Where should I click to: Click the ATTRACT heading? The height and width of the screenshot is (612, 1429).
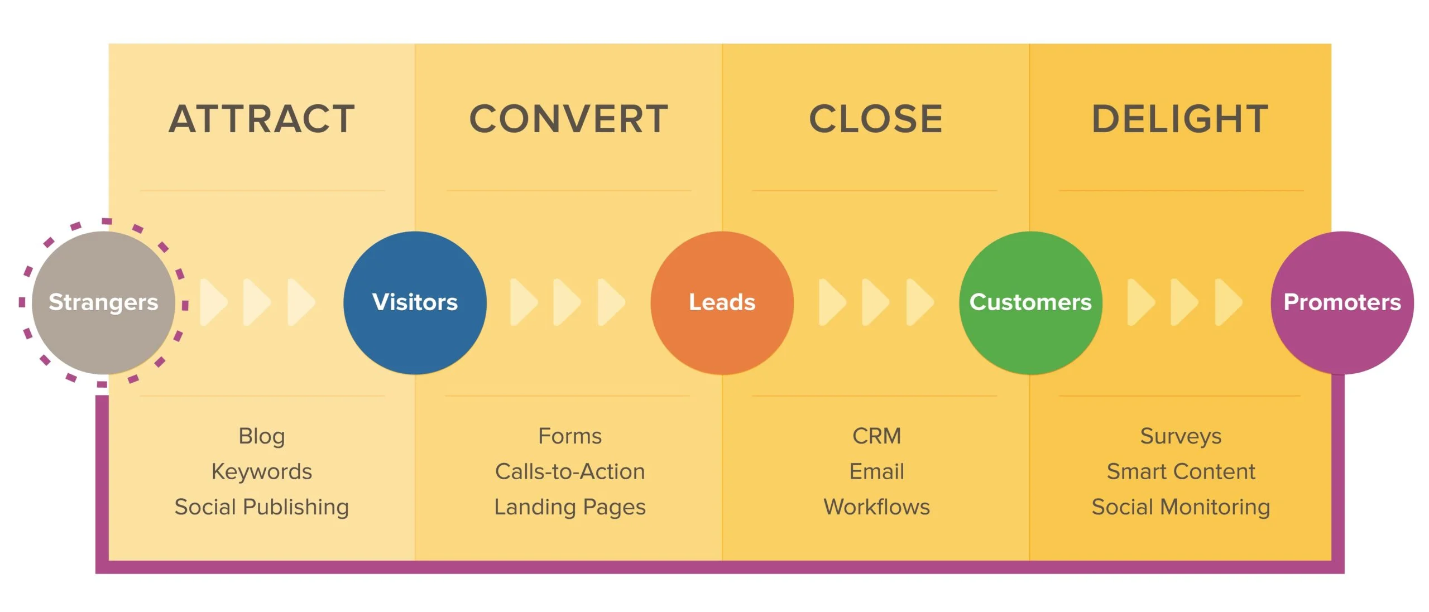click(x=262, y=119)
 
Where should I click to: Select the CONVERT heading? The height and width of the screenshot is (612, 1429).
click(x=569, y=119)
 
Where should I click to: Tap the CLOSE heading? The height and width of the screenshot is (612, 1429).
click(x=876, y=119)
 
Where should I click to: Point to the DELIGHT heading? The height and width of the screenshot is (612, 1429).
click(x=1181, y=119)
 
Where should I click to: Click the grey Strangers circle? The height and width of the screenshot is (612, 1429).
click(x=103, y=302)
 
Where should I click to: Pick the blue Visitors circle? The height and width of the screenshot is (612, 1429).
click(x=415, y=302)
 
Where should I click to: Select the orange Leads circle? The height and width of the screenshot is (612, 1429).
click(x=722, y=302)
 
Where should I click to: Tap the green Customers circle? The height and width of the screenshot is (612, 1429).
click(x=1030, y=302)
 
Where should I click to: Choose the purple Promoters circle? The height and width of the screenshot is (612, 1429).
click(x=1342, y=302)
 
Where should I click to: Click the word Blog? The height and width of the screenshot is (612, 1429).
click(x=262, y=436)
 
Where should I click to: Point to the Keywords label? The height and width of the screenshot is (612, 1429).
click(x=262, y=471)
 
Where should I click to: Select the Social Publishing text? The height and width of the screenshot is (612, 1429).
click(x=262, y=507)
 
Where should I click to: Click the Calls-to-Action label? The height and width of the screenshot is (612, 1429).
click(x=570, y=471)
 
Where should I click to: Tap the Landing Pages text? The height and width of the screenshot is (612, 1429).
click(x=570, y=507)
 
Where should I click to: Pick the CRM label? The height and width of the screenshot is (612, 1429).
click(x=876, y=436)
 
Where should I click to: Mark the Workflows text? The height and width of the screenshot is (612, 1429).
click(x=876, y=507)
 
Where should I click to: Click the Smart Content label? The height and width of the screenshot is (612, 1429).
click(x=1181, y=471)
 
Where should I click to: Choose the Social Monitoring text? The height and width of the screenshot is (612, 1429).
click(x=1181, y=507)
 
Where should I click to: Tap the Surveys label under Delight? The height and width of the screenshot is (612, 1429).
click(x=1181, y=436)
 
